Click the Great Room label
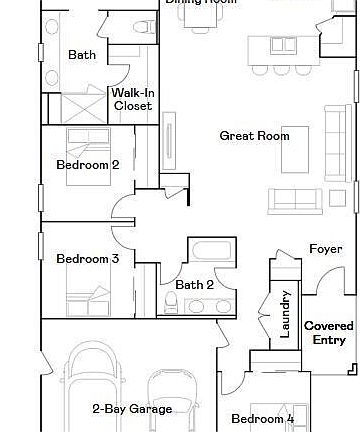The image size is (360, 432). (x=255, y=136)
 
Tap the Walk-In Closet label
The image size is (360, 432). (x=132, y=99)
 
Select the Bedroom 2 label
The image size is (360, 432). (x=88, y=165)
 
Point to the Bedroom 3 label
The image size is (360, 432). (x=88, y=259)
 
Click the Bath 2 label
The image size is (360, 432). (x=196, y=285)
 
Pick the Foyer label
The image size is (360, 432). (x=325, y=249)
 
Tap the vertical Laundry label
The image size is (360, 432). (x=285, y=314)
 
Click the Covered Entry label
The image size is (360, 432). (x=329, y=333)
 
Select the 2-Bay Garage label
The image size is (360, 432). (x=133, y=408)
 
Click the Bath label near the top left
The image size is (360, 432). (x=81, y=56)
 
